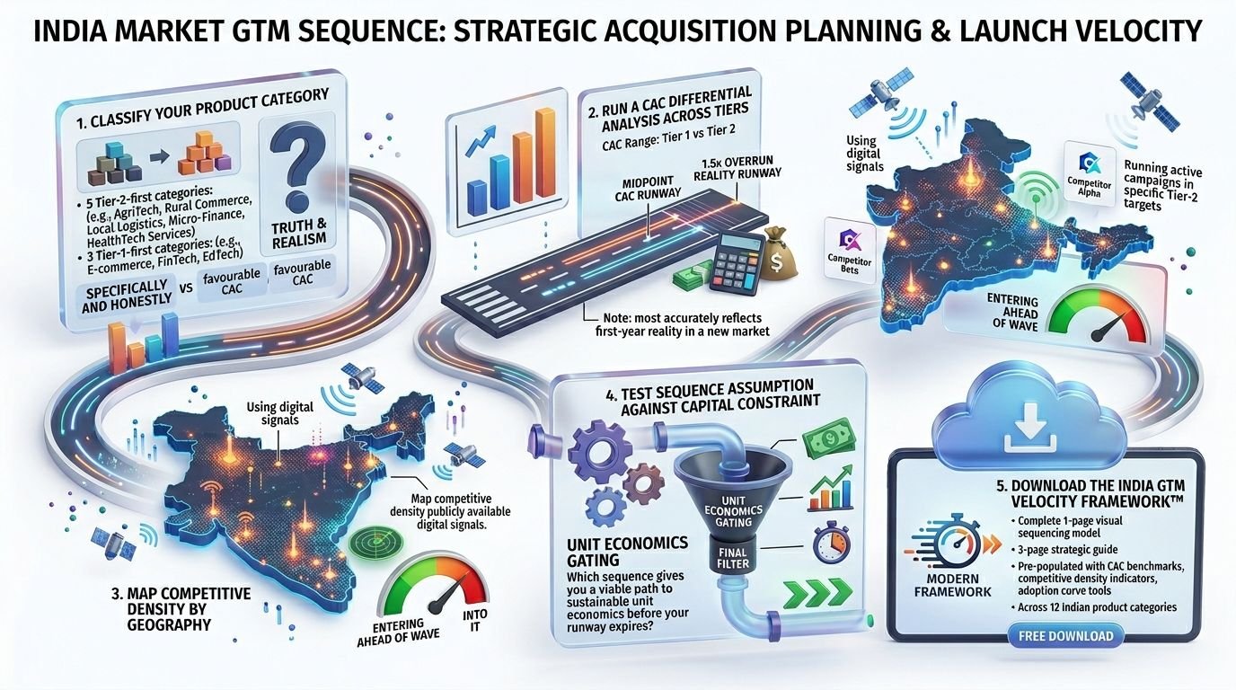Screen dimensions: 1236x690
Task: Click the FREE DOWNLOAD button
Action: (x=1065, y=636)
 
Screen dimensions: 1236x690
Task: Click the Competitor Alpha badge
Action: (x=1089, y=173)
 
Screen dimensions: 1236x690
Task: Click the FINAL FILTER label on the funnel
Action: (x=733, y=558)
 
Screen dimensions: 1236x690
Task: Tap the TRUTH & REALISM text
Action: (x=299, y=233)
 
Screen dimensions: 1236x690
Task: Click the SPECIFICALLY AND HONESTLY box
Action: (x=127, y=296)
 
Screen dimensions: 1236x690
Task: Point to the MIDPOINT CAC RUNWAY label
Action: (x=648, y=188)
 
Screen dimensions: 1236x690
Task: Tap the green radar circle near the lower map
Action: (x=375, y=542)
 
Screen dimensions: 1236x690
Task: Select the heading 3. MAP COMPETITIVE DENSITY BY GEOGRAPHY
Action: (x=181, y=609)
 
